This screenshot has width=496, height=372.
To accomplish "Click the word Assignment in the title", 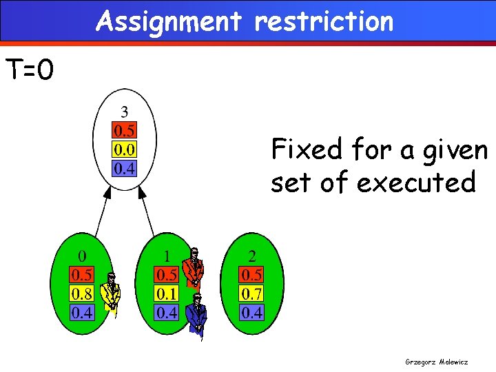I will tap(169, 21).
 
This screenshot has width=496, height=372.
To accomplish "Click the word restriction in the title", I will tap(324, 21).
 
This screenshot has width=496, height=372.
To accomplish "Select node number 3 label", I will tap(124, 110).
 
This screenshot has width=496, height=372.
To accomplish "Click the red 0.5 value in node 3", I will tap(124, 130).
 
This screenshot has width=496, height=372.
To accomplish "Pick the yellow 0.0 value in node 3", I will tap(124, 149).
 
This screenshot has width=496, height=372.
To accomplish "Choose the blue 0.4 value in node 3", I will tap(124, 167).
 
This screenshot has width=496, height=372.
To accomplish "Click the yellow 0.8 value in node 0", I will tap(83, 294).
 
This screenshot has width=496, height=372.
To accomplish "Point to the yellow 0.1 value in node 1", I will tap(166, 294).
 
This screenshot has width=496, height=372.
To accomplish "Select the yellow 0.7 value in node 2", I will tap(251, 294).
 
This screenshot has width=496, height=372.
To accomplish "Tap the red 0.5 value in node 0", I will tap(83, 276).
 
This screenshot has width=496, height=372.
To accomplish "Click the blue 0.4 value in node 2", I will tap(251, 313).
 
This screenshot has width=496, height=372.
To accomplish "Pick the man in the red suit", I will tap(194, 267).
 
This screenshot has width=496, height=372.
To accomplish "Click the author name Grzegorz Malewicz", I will tap(437, 360).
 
